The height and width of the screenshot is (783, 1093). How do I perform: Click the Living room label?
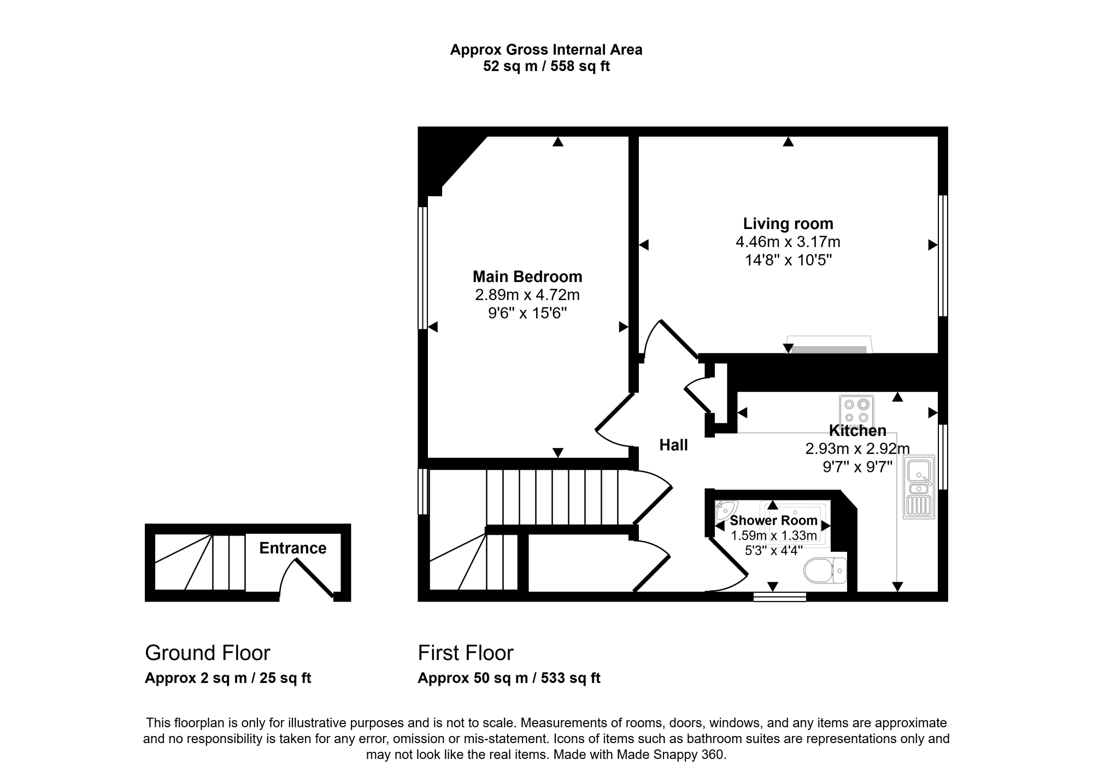788,223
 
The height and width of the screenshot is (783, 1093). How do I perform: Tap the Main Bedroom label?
527,276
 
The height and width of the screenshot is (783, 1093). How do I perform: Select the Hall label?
673,445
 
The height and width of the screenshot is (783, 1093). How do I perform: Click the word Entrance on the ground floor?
293,548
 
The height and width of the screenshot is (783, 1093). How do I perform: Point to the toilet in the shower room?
825,571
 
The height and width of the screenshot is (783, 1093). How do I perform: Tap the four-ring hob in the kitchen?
856,411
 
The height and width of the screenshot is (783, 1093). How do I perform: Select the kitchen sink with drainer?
919,488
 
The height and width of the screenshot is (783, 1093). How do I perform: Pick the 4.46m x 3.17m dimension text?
788,242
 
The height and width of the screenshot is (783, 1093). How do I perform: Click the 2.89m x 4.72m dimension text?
527,295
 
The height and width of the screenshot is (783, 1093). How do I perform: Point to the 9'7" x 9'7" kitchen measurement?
857,467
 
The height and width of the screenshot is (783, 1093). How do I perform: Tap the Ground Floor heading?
208,653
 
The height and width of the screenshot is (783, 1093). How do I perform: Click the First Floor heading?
466,653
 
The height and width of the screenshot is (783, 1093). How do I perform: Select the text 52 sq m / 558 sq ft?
546,67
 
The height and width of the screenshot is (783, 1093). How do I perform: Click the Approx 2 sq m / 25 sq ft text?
228,678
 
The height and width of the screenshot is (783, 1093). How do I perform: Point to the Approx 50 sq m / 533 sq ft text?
509,678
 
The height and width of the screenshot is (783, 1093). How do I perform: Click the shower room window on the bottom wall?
780,597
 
